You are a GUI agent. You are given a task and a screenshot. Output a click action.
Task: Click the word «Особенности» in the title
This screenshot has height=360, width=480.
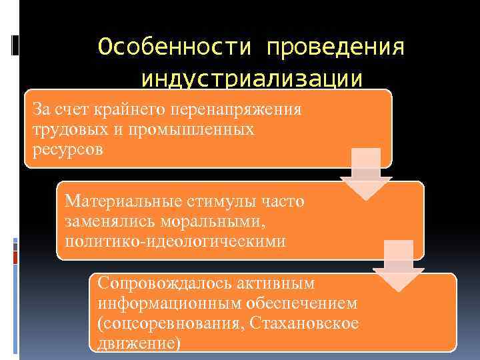tap(175, 47)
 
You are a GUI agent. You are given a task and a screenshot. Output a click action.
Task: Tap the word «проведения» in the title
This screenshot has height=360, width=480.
tap(335, 47)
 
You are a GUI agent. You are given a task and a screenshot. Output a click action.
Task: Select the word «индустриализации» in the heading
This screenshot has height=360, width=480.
tap(253, 79)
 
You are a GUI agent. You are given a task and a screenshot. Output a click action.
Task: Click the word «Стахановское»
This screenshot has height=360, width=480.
tap(304, 323)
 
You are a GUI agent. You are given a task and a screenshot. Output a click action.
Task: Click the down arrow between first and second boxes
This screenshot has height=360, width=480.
tap(366, 175)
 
